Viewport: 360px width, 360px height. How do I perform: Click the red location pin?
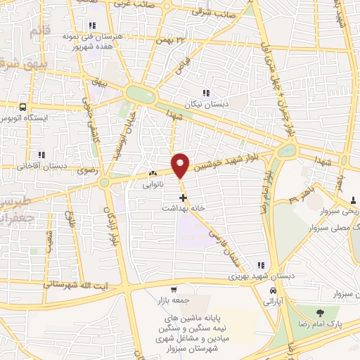(181, 165)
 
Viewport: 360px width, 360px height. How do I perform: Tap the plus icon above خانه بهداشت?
(183, 198)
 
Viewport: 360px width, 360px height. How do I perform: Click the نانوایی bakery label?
(153, 186)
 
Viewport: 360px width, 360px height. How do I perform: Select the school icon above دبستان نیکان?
(205, 93)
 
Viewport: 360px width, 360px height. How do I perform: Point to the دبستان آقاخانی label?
(40, 167)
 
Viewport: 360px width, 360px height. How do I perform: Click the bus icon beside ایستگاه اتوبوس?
(24, 108)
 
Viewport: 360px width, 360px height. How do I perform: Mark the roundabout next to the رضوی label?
(104, 183)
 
